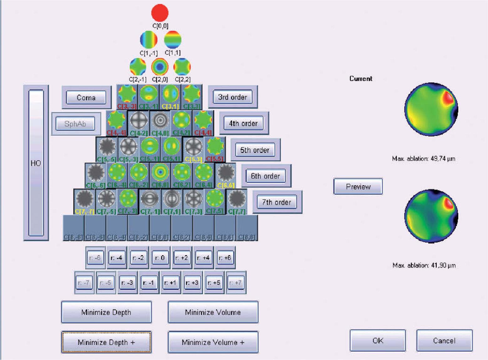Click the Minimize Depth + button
(106, 342)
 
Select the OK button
(378, 341)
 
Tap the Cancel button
(444, 341)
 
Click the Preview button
(358, 187)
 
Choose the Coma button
(86, 98)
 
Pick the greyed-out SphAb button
(75, 124)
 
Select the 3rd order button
(232, 97)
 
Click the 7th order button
(277, 202)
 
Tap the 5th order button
(255, 150)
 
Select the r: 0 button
(160, 258)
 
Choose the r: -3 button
(127, 283)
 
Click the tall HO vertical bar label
(36, 163)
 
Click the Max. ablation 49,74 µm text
(424, 159)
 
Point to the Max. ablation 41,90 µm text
(424, 265)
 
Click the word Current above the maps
(361, 79)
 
